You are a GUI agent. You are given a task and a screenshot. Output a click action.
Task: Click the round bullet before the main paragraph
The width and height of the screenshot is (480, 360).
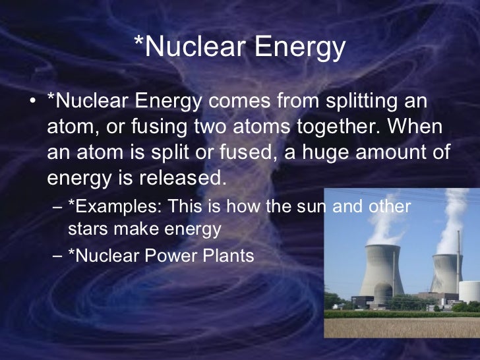pos(33,104)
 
